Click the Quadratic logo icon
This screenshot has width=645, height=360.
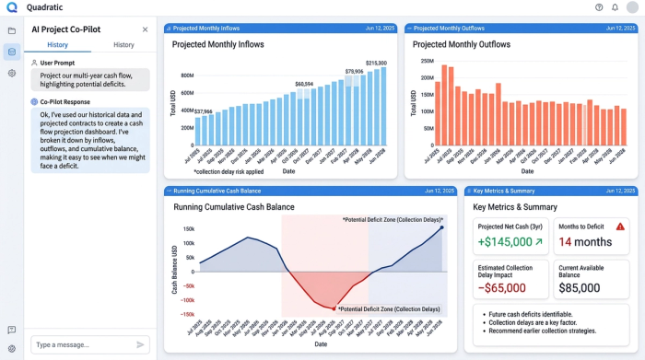click(x=11, y=7)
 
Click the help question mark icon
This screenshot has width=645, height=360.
click(x=599, y=7)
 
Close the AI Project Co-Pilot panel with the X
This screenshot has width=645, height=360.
click(x=145, y=29)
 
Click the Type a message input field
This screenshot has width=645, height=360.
click(x=81, y=344)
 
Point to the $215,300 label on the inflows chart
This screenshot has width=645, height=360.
click(x=376, y=63)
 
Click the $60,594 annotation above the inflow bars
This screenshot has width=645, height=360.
click(x=303, y=84)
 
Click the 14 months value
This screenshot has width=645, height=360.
click(x=585, y=242)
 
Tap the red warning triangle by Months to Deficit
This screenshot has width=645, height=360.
click(x=620, y=226)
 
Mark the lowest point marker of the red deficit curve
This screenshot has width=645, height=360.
click(x=334, y=308)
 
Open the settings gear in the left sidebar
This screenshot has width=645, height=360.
click(x=11, y=73)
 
